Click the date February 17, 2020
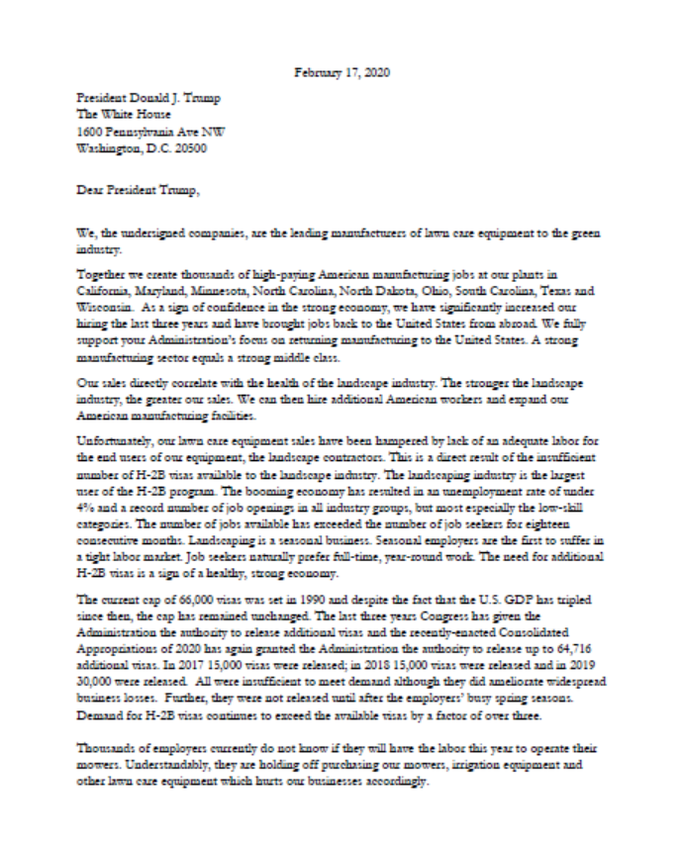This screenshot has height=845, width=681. click(340, 71)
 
